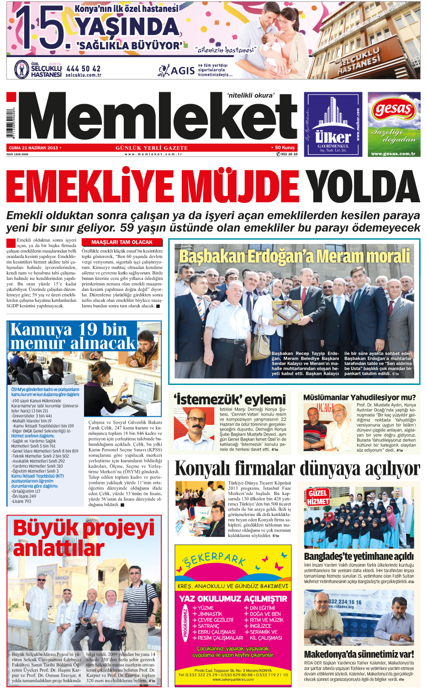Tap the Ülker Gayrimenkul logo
point(333,137)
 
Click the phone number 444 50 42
point(83,68)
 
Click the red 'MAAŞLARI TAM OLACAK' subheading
point(122,242)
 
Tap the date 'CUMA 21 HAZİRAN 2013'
point(34,148)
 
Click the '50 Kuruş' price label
point(285,148)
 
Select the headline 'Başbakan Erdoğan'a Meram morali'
point(295,256)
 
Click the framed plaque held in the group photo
point(288,311)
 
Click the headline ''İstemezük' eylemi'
point(230,399)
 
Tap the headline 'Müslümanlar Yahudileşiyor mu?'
point(359,397)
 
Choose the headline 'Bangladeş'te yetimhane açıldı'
point(359,556)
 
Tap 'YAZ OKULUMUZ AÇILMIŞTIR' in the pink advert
point(233,599)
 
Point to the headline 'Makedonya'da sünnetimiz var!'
point(359,654)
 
